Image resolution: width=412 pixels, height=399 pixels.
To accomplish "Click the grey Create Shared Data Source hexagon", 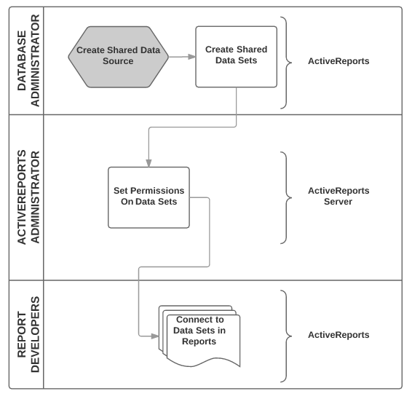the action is pyautogui.click(x=118, y=57).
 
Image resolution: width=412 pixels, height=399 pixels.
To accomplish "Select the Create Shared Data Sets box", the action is pyautogui.click(x=237, y=57).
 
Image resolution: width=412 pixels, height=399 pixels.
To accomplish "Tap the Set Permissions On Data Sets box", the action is pyautogui.click(x=148, y=197).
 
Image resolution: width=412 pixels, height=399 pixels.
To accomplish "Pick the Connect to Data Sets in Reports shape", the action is pyautogui.click(x=199, y=336).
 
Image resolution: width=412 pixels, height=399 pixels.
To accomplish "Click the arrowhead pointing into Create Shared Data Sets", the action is pyautogui.click(x=192, y=57).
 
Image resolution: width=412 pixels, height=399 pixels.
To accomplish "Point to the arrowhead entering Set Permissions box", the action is pyautogui.click(x=148, y=163).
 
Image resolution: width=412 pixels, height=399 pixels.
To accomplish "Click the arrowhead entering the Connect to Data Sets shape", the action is pyautogui.click(x=155, y=336).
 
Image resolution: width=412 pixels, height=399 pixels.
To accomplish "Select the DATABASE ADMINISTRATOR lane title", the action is pyautogui.click(x=28, y=60).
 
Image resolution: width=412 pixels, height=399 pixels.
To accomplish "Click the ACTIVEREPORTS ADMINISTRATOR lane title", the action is pyautogui.click(x=28, y=197).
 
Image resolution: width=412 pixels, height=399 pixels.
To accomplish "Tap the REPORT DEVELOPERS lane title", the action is pyautogui.click(x=28, y=334).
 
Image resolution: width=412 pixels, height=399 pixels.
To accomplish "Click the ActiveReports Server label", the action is pyautogui.click(x=338, y=196).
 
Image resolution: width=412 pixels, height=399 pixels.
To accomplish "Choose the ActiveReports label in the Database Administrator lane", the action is pyautogui.click(x=338, y=61).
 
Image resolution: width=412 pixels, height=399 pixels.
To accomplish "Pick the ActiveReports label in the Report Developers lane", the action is pyautogui.click(x=338, y=335).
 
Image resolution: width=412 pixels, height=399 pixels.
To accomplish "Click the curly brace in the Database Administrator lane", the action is pyautogui.click(x=286, y=63).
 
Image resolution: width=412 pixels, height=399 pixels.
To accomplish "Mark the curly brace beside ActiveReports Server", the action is pyautogui.click(x=286, y=197).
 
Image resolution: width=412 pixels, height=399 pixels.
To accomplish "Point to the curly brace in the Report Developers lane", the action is pyautogui.click(x=286, y=336).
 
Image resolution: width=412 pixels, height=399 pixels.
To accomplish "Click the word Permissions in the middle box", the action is pyautogui.click(x=157, y=191).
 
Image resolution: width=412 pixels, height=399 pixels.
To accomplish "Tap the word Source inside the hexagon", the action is pyautogui.click(x=118, y=61).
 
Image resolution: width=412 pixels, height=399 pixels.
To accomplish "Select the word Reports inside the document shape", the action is pyautogui.click(x=199, y=341).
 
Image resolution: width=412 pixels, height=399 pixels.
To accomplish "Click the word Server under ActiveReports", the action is pyautogui.click(x=338, y=202).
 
